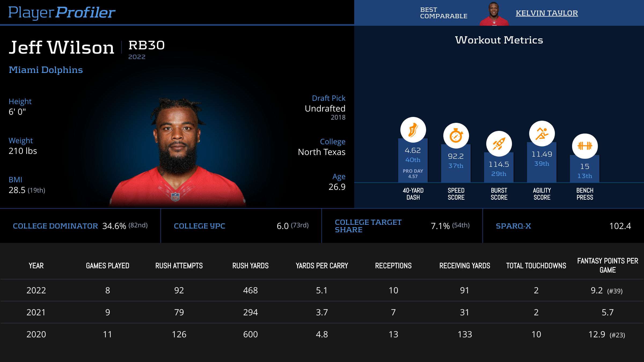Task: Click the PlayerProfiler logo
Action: [62, 13]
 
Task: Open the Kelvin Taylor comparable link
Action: [547, 13]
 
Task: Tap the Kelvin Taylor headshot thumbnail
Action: [494, 14]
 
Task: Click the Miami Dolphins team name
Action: [46, 70]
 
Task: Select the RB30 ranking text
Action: [147, 45]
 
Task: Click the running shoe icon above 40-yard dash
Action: [413, 130]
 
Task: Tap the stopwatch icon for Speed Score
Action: [456, 136]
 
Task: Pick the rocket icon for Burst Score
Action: [499, 144]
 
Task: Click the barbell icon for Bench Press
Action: [585, 146]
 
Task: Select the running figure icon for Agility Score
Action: [542, 134]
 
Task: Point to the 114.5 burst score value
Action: [499, 164]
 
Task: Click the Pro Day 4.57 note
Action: [413, 174]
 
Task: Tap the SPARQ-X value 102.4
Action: [620, 226]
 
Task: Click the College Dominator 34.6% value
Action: [114, 226]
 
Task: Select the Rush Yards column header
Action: [250, 266]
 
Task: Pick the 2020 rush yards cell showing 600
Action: [250, 334]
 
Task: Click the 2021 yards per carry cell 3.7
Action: [322, 312]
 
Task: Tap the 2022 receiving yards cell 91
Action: [464, 290]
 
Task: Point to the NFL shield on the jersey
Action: [175, 197]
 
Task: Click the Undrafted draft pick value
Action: [325, 109]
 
